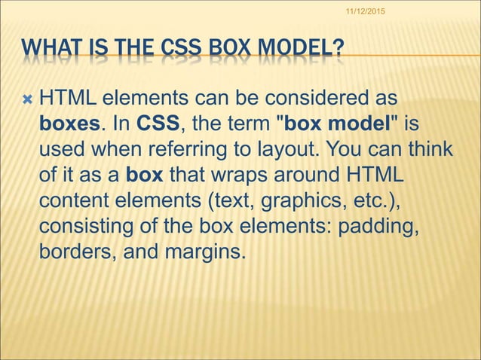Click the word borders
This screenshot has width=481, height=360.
[x=73, y=251]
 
